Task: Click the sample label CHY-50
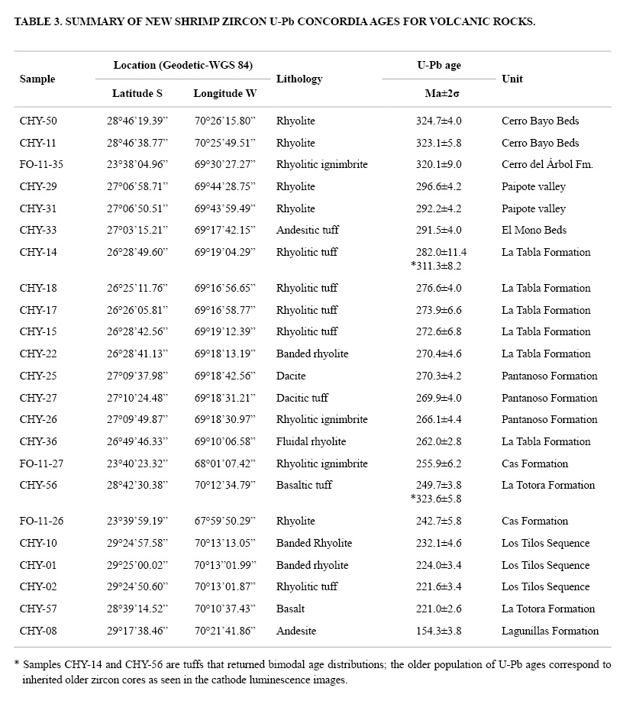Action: coord(38,121)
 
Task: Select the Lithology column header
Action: coord(299,79)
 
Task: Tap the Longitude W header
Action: coord(225,93)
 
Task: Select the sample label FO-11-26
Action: coord(42,521)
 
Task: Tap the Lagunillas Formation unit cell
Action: coord(550,631)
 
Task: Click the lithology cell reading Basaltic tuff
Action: coord(305,485)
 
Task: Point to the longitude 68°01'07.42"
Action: coord(224,463)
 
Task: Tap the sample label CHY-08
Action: coord(38,631)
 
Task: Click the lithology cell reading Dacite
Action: coord(291,376)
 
